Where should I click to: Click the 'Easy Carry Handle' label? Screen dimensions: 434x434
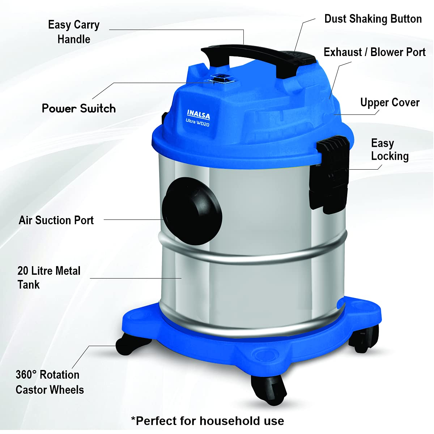click(x=74, y=32)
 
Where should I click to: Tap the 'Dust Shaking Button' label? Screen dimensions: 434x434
click(x=373, y=19)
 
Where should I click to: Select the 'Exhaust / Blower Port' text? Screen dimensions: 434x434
click(x=375, y=52)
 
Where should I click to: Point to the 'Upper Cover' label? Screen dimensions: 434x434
click(x=390, y=103)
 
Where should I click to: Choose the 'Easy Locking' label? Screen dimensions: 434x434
click(x=390, y=149)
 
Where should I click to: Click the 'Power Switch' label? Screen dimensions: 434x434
click(x=79, y=109)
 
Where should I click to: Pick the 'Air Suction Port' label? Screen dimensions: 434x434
click(x=56, y=220)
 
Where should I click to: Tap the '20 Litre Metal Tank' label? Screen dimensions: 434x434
click(x=49, y=277)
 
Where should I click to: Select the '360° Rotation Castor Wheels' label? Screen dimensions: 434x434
click(x=50, y=382)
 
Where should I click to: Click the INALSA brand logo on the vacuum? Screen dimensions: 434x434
click(x=199, y=114)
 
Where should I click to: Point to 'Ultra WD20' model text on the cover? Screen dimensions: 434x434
click(x=197, y=123)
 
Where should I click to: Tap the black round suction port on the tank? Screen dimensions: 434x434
click(x=192, y=211)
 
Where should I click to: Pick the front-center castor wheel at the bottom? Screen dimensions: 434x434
click(x=269, y=390)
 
